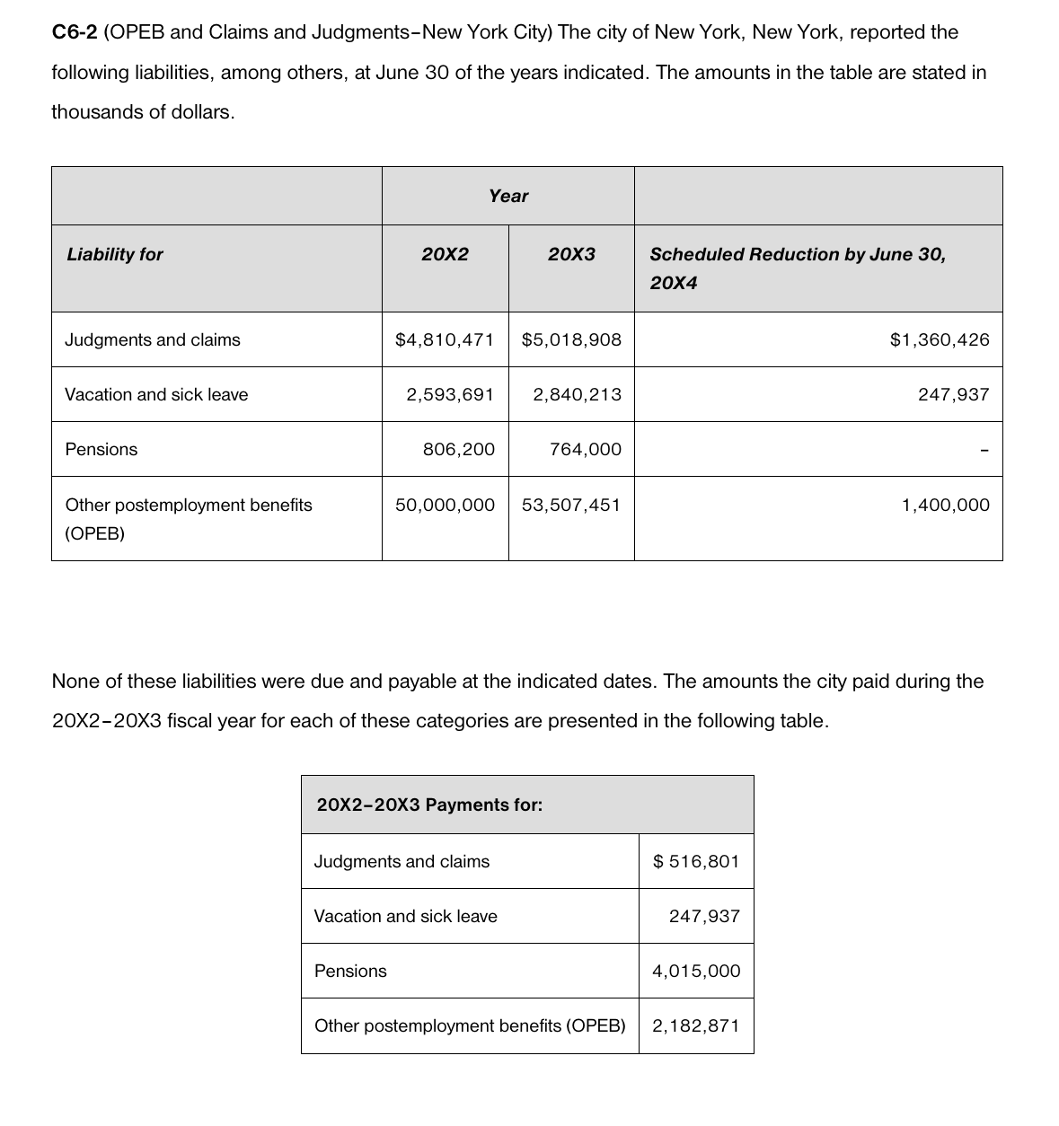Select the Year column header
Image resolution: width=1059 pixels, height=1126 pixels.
[508, 196]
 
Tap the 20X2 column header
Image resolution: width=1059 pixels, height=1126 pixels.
[445, 254]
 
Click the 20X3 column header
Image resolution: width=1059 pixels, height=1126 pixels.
[571, 254]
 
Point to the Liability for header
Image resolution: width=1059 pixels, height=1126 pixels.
[114, 254]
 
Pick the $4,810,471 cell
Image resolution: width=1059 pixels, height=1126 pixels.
[445, 339]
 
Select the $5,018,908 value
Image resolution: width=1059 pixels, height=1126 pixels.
[571, 339]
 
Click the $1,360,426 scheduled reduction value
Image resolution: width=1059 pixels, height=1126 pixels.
[939, 339]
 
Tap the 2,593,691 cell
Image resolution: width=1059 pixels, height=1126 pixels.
[450, 394]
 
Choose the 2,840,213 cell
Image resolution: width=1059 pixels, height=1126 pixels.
[577, 394]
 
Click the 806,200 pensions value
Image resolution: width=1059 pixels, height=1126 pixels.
[458, 449]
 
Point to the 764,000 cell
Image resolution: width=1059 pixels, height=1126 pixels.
[585, 449]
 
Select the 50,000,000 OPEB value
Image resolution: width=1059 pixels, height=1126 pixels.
[445, 505]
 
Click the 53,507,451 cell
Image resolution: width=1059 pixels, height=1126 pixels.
[571, 505]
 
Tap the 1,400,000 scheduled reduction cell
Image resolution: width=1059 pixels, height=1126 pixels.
[945, 505]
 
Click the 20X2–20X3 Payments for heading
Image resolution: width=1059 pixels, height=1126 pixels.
[429, 805]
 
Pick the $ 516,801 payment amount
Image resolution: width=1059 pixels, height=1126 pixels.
[696, 861]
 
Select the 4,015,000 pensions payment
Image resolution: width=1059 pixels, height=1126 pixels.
[696, 971]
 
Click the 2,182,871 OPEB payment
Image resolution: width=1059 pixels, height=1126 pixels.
[696, 1025]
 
